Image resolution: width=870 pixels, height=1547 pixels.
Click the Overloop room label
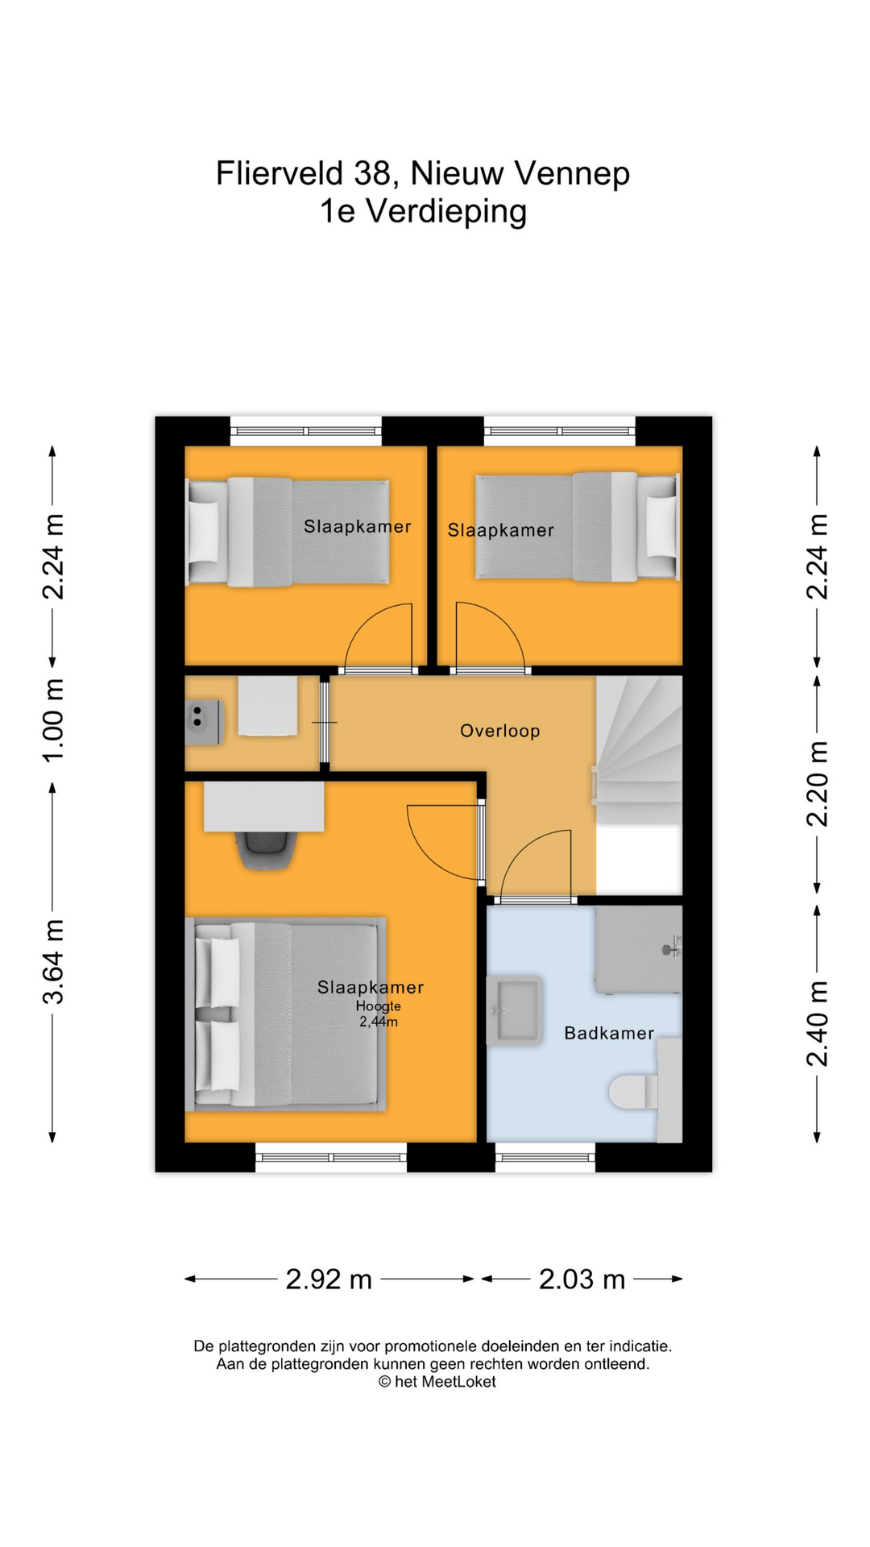(499, 731)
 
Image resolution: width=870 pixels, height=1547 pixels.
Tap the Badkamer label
(608, 1033)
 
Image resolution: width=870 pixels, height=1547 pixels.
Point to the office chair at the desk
(265, 849)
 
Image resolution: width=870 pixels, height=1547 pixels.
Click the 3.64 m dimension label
(53, 961)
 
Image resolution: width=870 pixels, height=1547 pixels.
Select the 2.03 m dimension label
(582, 1279)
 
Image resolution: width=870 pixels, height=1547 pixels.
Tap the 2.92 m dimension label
(329, 1279)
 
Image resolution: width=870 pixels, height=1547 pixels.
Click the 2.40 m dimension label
(817, 1023)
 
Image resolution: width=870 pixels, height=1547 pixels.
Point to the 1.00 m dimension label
(53, 721)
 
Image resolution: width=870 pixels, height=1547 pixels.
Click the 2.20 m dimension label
(817, 784)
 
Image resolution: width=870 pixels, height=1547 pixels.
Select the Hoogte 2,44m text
(378, 1014)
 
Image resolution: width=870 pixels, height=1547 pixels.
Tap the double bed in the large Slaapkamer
(286, 1014)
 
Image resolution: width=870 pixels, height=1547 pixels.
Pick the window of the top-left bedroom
(306, 431)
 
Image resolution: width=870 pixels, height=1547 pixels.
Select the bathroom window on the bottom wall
(545, 1158)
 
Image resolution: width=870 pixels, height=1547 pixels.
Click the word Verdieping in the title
(446, 211)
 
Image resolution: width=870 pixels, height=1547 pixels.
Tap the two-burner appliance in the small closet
(198, 717)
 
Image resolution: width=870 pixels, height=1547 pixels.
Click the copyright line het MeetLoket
(437, 1382)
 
